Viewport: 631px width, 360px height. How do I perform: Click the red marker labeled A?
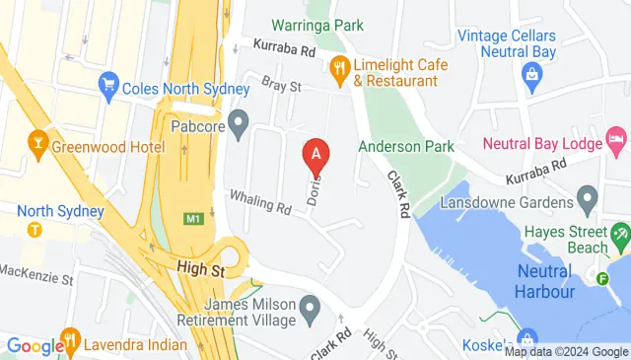point(316,154)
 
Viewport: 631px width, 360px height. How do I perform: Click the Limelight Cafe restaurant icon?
point(340,67)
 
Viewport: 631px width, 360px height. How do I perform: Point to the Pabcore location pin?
point(237,125)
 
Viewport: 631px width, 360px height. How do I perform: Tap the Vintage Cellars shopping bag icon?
point(532,74)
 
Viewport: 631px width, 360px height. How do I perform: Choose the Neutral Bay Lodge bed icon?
point(617,144)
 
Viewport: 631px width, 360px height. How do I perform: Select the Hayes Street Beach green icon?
point(620,236)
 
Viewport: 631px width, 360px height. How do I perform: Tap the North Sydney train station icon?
point(35,229)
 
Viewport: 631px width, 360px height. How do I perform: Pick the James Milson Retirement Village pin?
point(311,312)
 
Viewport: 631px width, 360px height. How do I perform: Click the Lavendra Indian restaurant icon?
point(70,344)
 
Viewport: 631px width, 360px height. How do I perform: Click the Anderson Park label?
point(405,146)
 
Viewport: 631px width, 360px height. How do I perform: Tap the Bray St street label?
point(280,87)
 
